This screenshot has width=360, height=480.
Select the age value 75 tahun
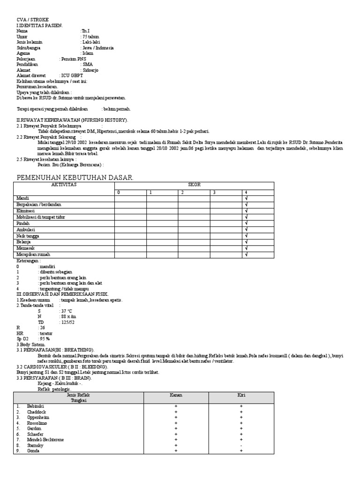(x=91, y=36)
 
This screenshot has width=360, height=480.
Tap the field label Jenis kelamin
(x=30, y=42)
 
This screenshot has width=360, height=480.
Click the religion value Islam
(x=88, y=53)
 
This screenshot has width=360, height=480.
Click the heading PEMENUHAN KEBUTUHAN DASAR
(x=75, y=177)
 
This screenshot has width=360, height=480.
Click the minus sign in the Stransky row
(x=241, y=445)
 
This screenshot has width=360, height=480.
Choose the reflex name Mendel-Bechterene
(x=46, y=440)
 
